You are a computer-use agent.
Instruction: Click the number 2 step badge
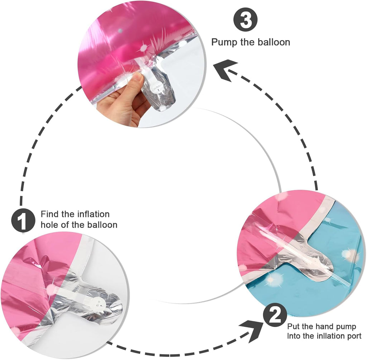(275, 315)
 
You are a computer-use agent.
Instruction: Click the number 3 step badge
(246, 20)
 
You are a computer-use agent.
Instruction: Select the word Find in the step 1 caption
(49, 214)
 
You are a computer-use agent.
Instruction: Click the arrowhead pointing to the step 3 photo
(225, 70)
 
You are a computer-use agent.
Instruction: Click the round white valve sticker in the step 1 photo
(97, 302)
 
